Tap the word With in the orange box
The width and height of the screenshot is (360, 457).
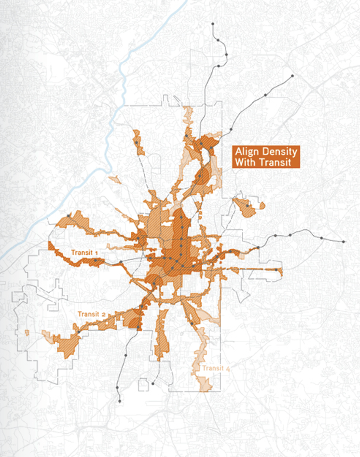point(244,162)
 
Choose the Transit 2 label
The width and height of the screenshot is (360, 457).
point(91,314)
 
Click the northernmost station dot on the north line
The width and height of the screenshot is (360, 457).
point(212,23)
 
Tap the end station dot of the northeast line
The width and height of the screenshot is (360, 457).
point(292,76)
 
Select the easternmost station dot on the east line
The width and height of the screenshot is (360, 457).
point(344,242)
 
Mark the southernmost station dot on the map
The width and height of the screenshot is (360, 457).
point(120,401)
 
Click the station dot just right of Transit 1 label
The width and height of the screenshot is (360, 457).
point(96,260)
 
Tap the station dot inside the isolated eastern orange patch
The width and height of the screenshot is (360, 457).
point(248,206)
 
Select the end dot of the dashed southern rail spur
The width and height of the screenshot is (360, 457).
point(152,384)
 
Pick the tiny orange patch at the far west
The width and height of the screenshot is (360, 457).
point(27,333)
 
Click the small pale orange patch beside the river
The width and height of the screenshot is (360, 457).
point(115,180)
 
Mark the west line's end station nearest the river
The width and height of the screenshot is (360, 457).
point(69,216)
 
